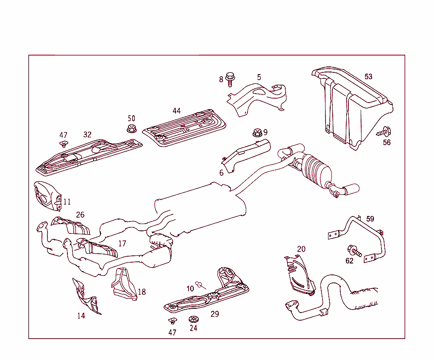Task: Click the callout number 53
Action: pos(368,77)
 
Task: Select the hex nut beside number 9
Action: pos(256,132)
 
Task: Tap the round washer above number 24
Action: pos(193,319)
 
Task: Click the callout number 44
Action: pos(176,111)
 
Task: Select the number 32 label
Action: pos(87,135)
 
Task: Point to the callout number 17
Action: pos(122,244)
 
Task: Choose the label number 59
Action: pos(370,219)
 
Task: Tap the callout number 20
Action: pos(301,249)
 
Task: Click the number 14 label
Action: pos(81,316)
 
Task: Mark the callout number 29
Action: pos(215,314)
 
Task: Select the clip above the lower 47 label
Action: pos(172,321)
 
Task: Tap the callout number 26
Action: pos(80,215)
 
